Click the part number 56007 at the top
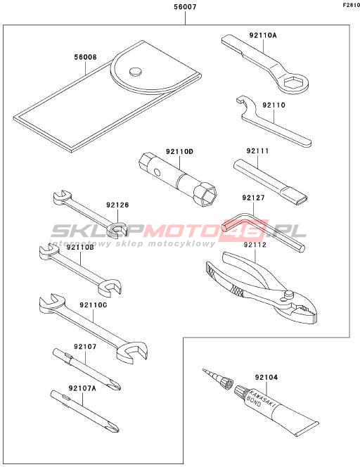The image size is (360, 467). click(x=185, y=6)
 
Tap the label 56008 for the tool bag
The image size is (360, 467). click(x=86, y=57)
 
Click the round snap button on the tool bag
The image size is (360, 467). click(x=136, y=71)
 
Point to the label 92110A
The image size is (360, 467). click(x=263, y=35)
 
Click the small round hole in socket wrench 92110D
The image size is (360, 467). click(x=157, y=172)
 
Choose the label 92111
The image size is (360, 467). click(x=257, y=151)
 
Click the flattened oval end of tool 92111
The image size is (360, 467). click(x=302, y=199)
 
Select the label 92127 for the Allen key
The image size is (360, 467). click(x=253, y=198)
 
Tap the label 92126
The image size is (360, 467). click(x=117, y=205)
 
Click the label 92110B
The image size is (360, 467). click(x=80, y=247)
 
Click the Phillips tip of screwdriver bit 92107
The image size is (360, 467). click(x=116, y=386)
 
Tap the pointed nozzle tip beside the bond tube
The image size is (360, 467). click(x=203, y=370)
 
